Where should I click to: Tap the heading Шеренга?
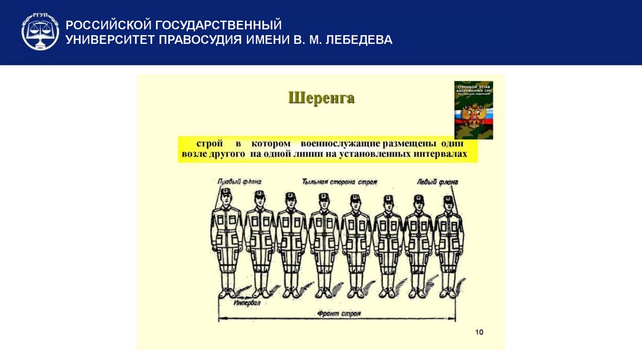point(321,98)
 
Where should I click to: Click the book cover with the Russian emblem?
point(473,110)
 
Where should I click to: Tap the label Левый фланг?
point(437,182)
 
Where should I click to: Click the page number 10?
point(479,331)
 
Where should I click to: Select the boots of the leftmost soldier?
point(226,292)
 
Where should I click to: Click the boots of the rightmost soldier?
point(448,292)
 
